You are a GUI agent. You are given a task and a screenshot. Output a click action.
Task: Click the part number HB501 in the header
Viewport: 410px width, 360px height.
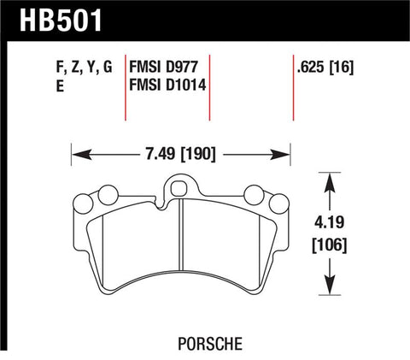[53, 20]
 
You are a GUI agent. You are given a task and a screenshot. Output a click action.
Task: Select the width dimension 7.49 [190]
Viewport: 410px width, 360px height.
[179, 155]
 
